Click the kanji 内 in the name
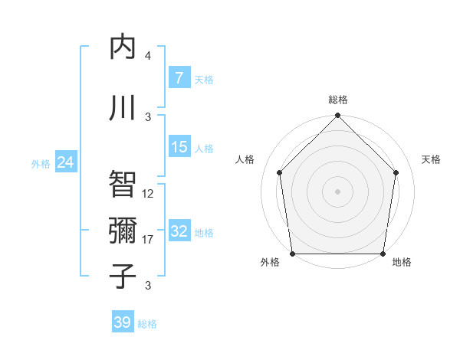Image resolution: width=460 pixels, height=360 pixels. pyautogui.click(x=123, y=47)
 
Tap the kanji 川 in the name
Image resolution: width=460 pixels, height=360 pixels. pyautogui.click(x=123, y=106)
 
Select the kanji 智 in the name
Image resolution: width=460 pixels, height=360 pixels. pyautogui.click(x=123, y=182)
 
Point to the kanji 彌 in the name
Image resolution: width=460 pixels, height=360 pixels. pyautogui.click(x=123, y=228)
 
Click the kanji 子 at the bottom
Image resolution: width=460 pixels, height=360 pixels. pyautogui.click(x=123, y=275)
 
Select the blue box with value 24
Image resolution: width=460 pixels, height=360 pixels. pyautogui.click(x=65, y=162)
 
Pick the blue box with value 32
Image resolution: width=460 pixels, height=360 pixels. pyautogui.click(x=179, y=232)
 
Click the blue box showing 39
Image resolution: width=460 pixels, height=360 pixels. pyautogui.click(x=122, y=322)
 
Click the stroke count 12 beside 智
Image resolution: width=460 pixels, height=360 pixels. pyautogui.click(x=148, y=194)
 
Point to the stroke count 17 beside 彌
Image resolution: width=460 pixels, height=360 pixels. pyautogui.click(x=148, y=240)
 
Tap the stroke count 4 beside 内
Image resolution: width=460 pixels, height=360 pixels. pyautogui.click(x=148, y=56)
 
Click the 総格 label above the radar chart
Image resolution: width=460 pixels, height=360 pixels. pyautogui.click(x=337, y=100)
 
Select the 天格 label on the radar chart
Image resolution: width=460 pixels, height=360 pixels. pyautogui.click(x=432, y=159)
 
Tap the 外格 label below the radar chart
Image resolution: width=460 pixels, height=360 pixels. pyautogui.click(x=271, y=262)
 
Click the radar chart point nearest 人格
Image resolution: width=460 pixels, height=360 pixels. pyautogui.click(x=280, y=172)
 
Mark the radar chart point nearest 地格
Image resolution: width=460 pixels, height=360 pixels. pyautogui.click(x=383, y=254)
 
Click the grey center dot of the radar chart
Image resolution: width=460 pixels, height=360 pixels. pyautogui.click(x=337, y=191)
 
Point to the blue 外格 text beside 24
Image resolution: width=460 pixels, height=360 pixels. pyautogui.click(x=40, y=163)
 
